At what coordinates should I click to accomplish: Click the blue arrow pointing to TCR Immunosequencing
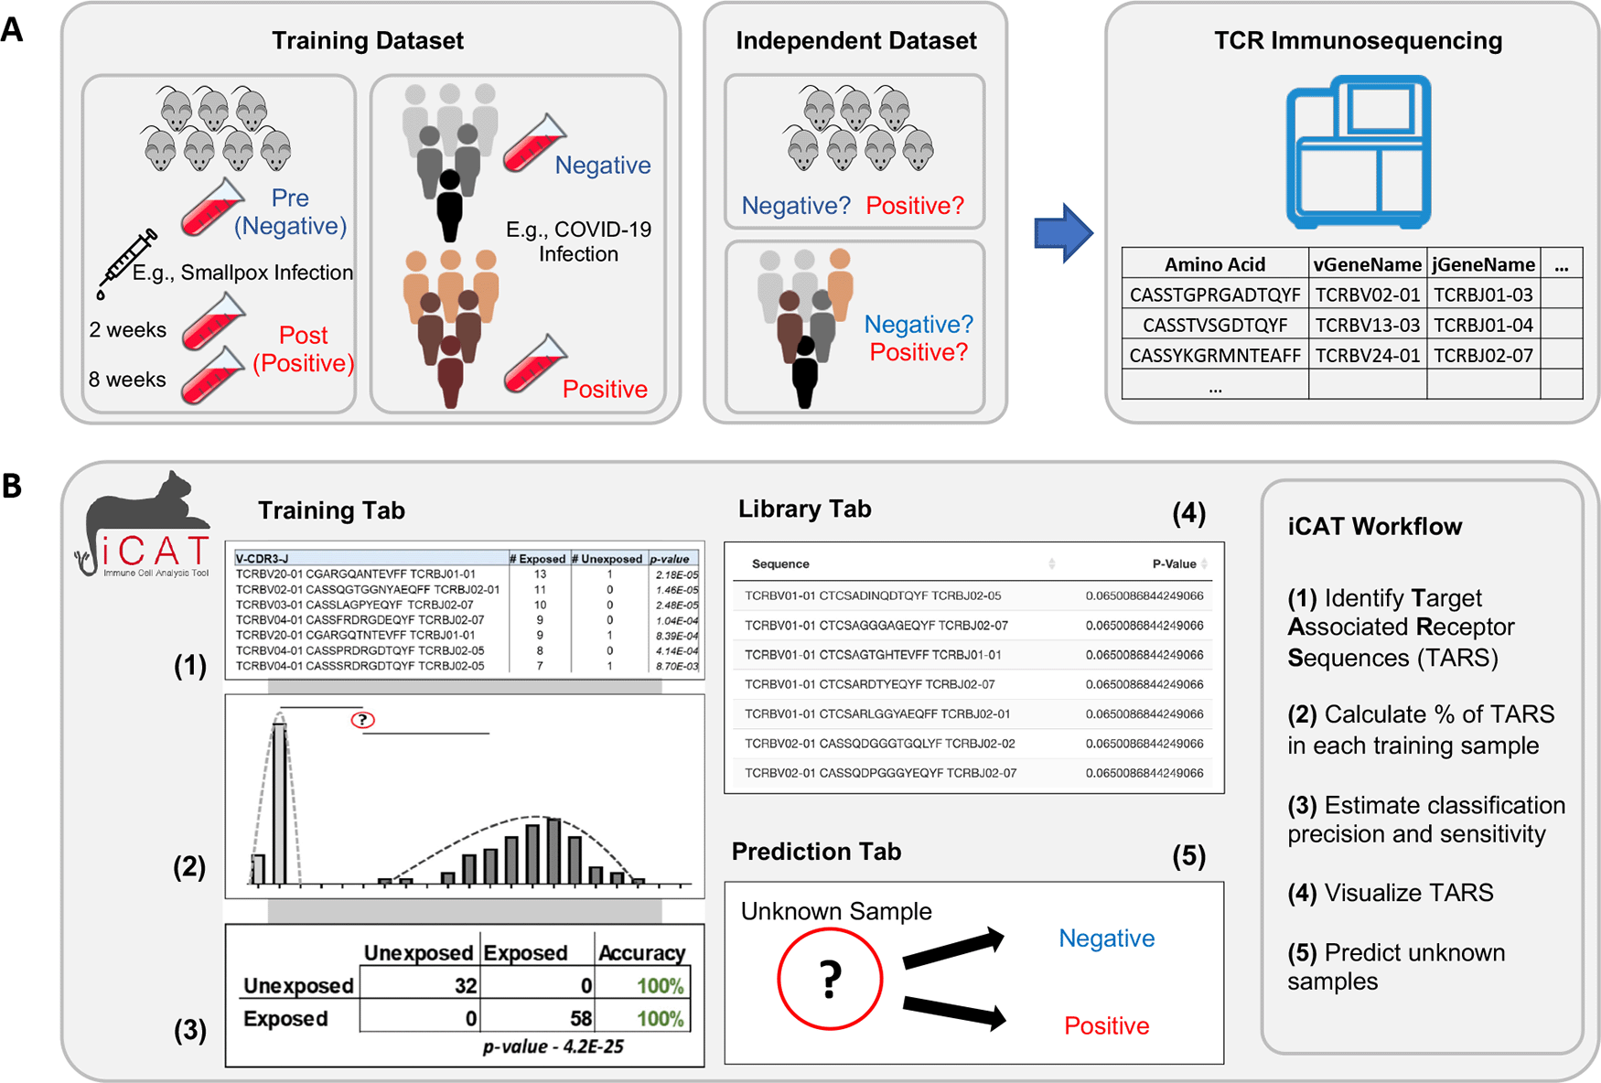[1062, 232]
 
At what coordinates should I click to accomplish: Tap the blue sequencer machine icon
[1358, 152]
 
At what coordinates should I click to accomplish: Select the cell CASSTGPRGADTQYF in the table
[1214, 295]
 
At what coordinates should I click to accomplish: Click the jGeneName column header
[1483, 264]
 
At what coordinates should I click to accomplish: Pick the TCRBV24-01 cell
[1367, 355]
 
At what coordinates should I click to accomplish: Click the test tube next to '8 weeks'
[212, 376]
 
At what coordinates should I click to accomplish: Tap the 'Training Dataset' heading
[367, 41]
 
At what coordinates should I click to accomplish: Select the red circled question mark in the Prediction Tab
[829, 979]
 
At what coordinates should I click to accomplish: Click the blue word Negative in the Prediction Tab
[1106, 938]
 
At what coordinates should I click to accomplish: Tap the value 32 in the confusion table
[465, 985]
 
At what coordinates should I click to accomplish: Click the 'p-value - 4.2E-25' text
[553, 1045]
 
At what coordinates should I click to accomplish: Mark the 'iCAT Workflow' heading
[1374, 527]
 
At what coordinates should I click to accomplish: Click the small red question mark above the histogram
[363, 720]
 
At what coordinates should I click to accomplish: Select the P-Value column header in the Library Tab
[1174, 564]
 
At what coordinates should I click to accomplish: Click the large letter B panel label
[13, 486]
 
